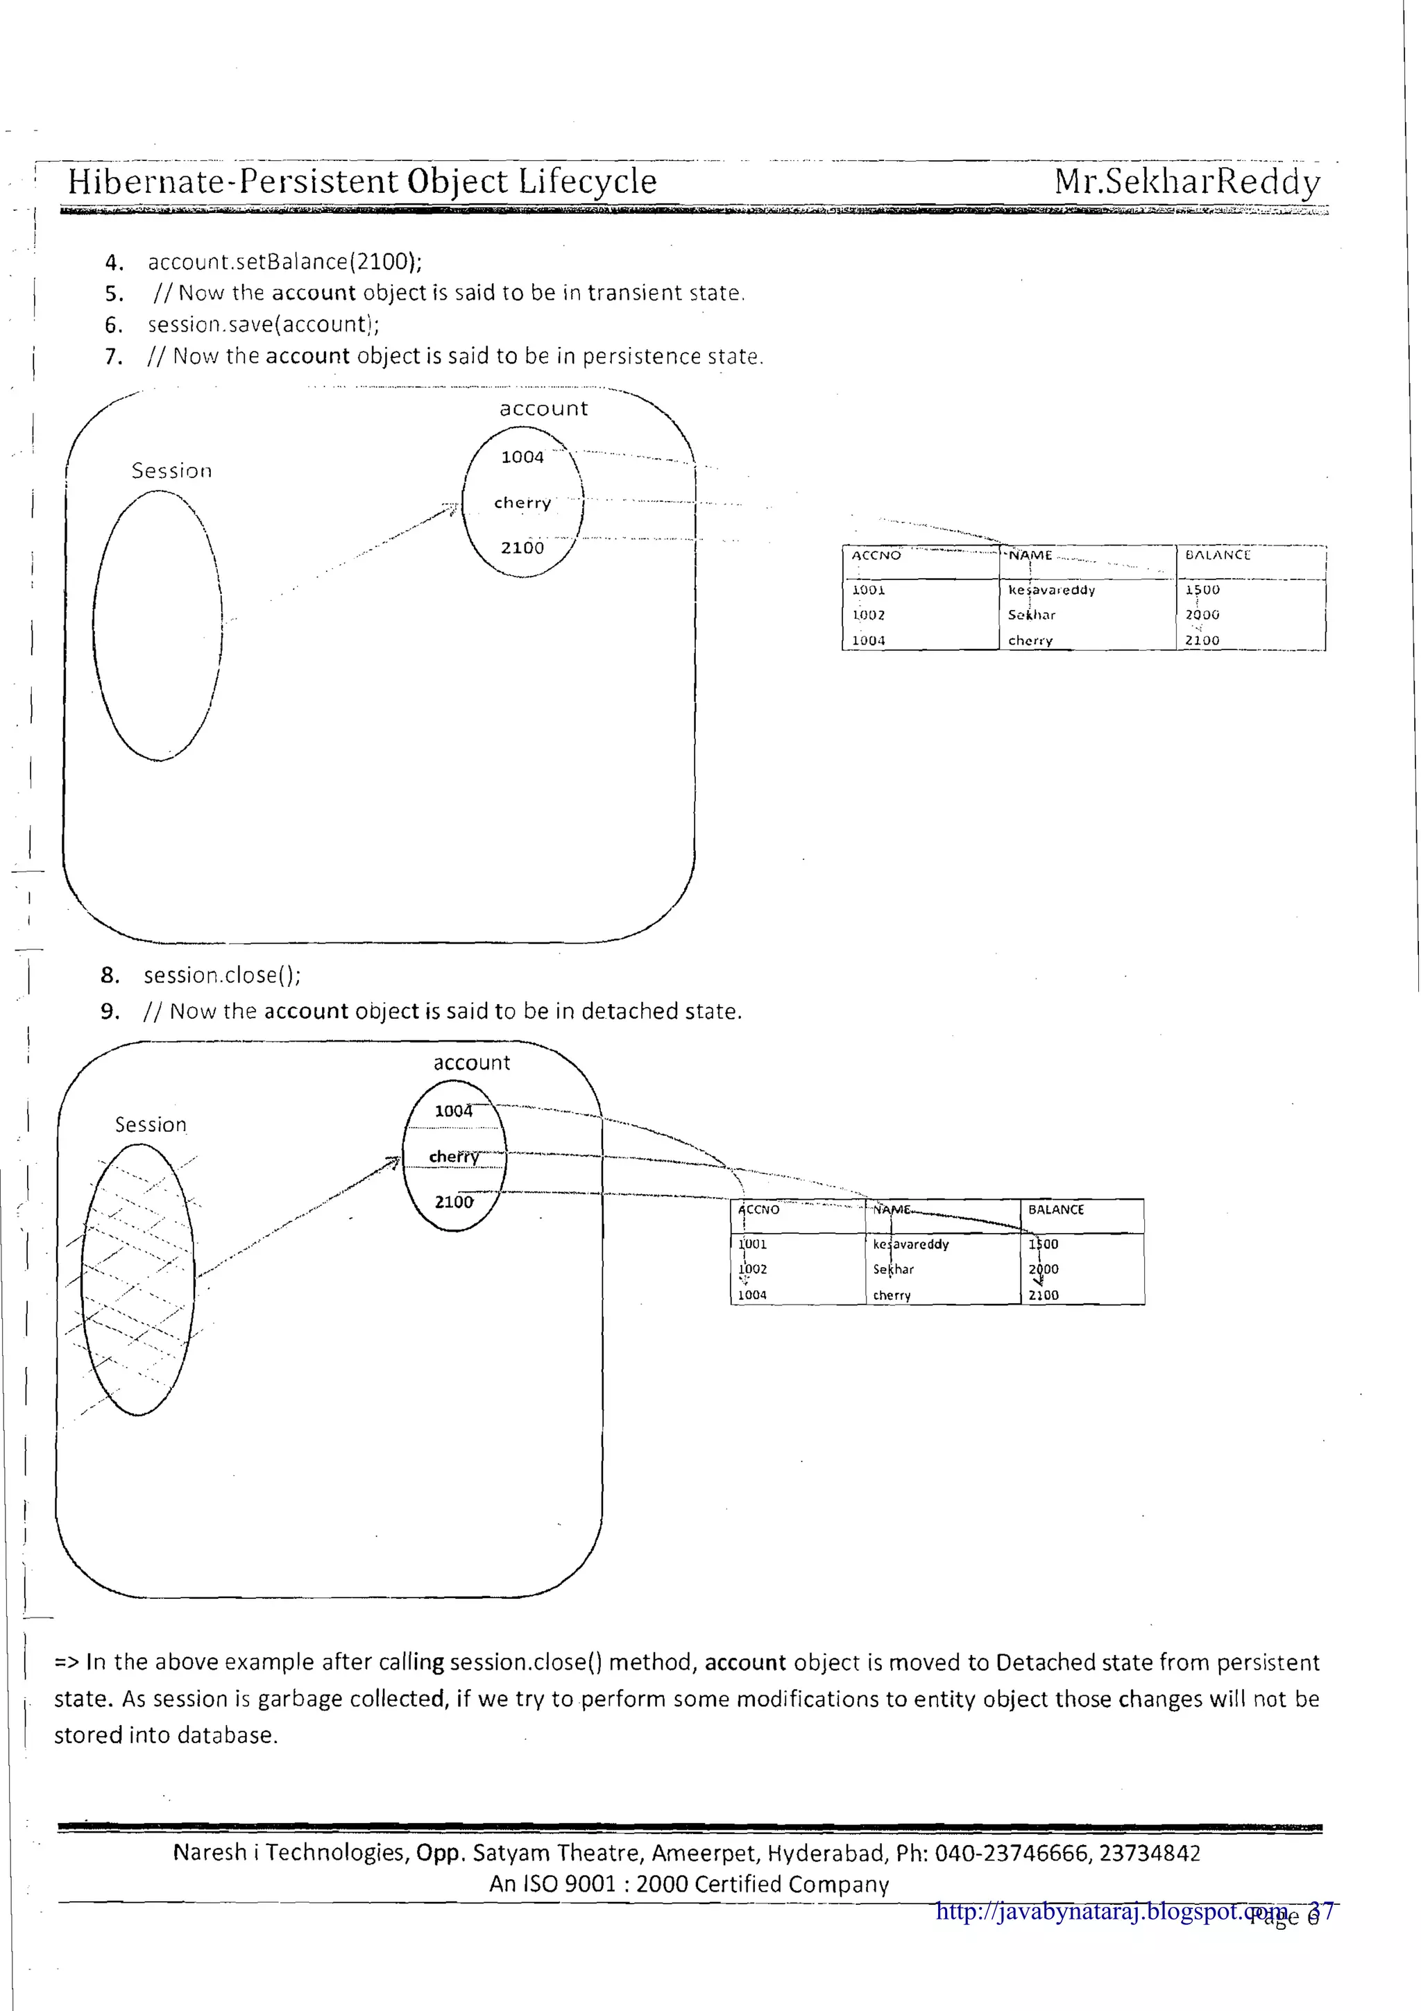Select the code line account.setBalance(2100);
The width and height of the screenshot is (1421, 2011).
pyautogui.click(x=284, y=262)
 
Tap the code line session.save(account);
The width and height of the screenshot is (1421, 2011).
pyautogui.click(x=263, y=324)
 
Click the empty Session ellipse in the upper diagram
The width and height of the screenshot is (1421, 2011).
pyautogui.click(x=158, y=625)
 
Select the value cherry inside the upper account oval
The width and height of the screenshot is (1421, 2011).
pyautogui.click(x=522, y=502)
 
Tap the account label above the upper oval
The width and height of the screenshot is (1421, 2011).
pyautogui.click(x=544, y=408)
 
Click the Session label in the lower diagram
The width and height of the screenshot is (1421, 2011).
pyautogui.click(x=151, y=1125)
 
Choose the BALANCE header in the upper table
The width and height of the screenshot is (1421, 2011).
pyautogui.click(x=1217, y=555)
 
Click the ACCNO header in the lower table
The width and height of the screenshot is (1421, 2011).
pyautogui.click(x=758, y=1210)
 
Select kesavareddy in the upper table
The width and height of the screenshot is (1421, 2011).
pyautogui.click(x=1050, y=591)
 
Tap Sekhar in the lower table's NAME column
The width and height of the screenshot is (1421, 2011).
pyautogui.click(x=893, y=1269)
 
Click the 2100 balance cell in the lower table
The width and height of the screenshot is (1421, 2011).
pyautogui.click(x=1043, y=1295)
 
